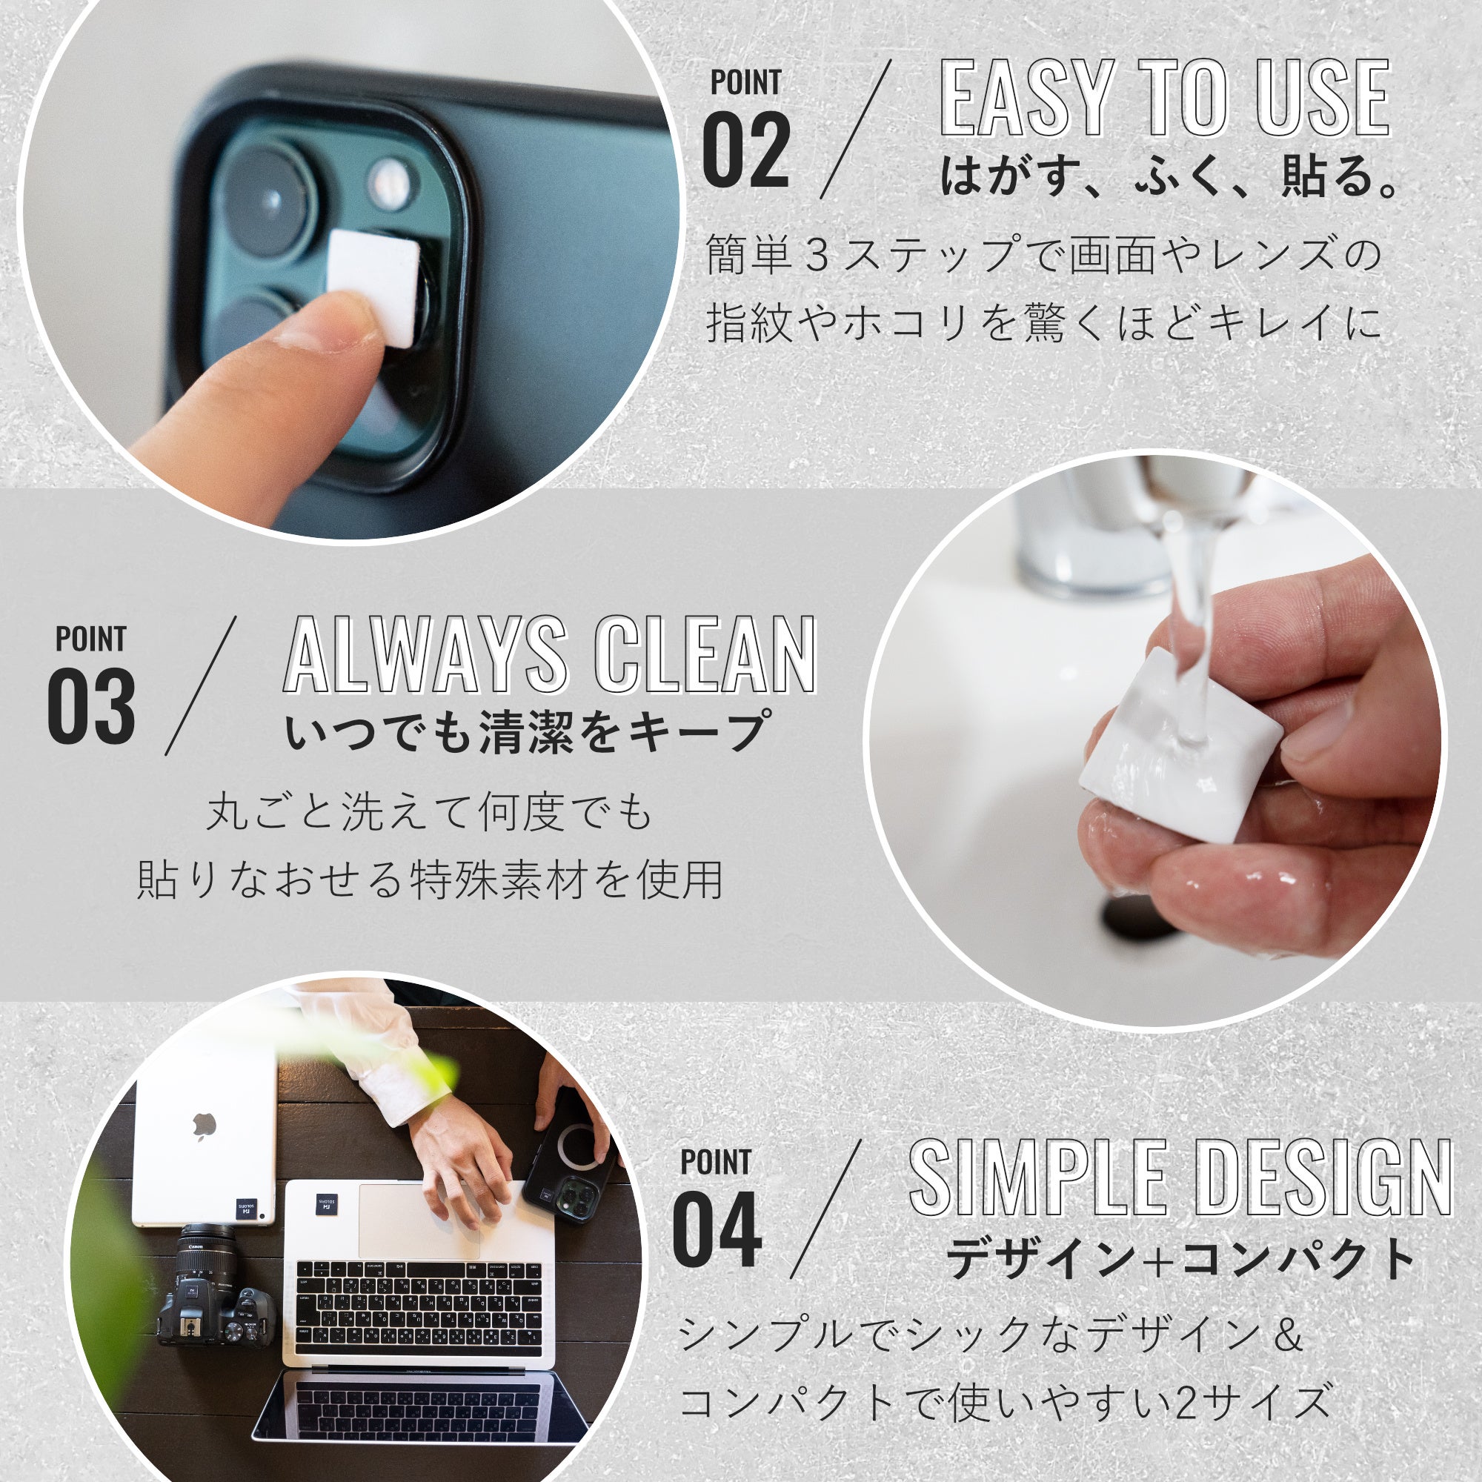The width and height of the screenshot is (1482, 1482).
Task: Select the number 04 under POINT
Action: coord(717,1229)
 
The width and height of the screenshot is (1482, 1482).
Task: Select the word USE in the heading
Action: coord(1324,99)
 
